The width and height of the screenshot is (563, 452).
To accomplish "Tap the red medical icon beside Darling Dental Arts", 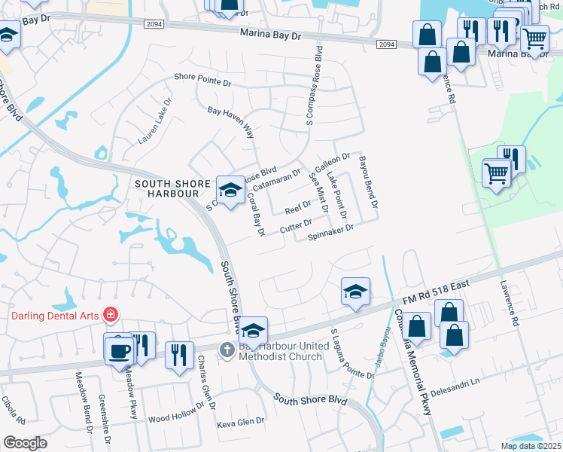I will (x=111, y=313).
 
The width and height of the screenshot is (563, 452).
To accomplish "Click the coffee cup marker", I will (x=120, y=351).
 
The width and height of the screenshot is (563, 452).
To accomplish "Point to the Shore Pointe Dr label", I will (x=202, y=77).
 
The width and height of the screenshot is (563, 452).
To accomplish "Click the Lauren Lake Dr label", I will (x=155, y=121).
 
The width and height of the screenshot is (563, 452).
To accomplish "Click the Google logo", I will (x=25, y=443).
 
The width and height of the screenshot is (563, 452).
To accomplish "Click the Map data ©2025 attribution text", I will (x=531, y=446).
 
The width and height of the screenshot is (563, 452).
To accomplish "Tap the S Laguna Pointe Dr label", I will (x=352, y=353).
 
